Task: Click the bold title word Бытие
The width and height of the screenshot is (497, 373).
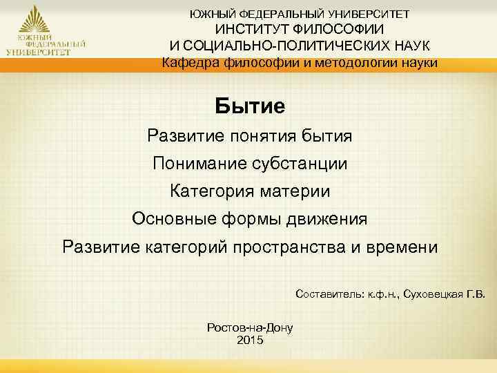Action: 250,106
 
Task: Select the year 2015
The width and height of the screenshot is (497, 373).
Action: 250,340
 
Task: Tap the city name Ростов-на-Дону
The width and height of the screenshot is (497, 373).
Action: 250,328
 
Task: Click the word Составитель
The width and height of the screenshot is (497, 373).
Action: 326,294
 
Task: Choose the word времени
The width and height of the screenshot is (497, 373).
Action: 402,247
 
